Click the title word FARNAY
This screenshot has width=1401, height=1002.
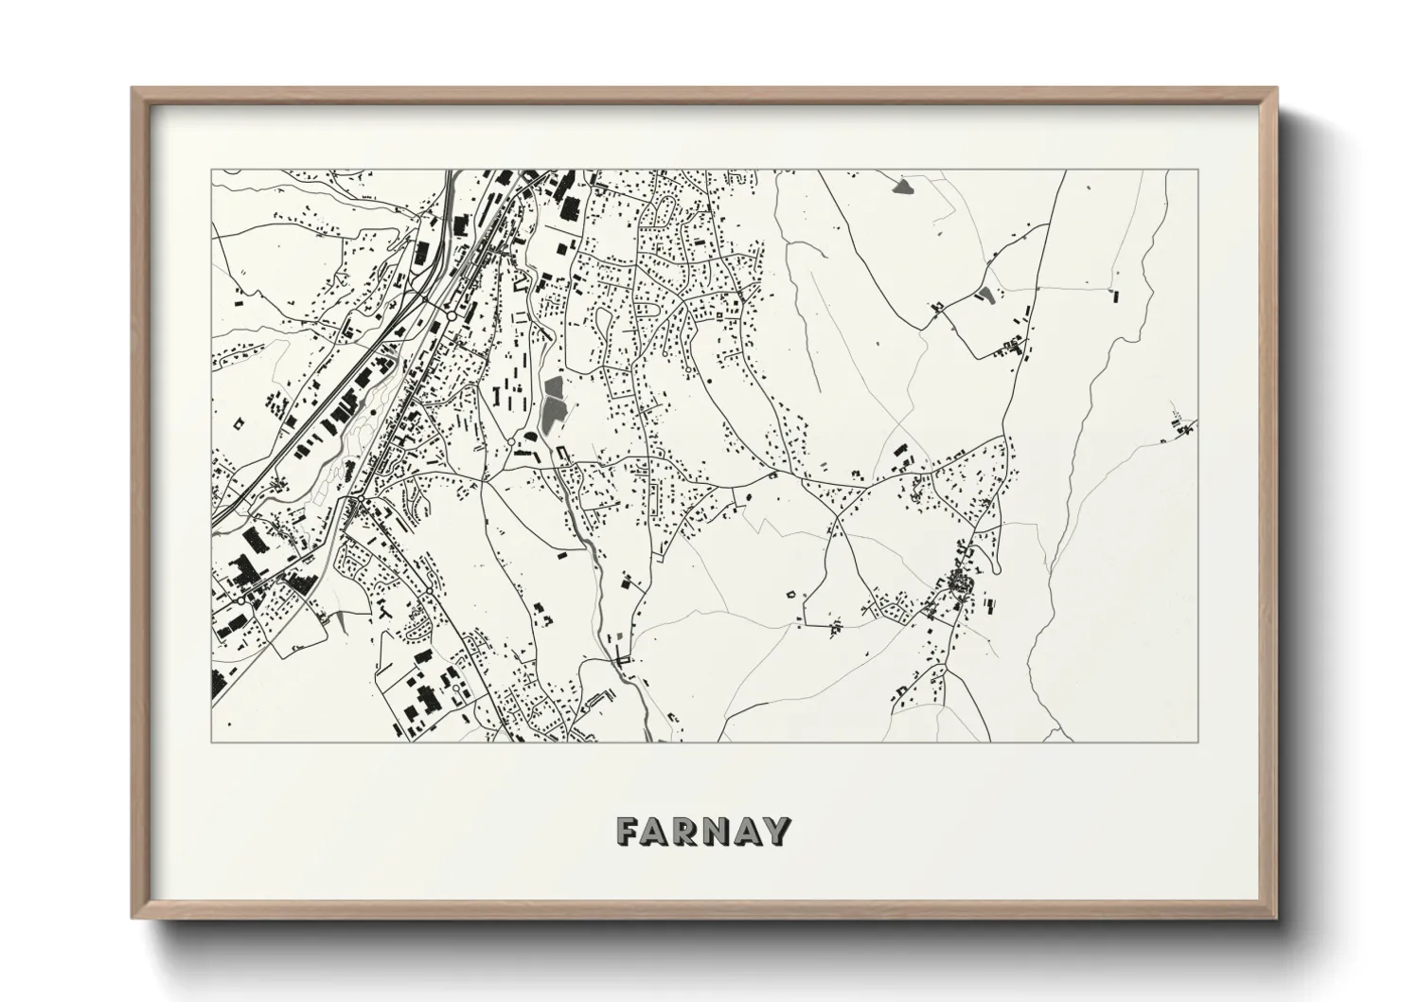pos(702,831)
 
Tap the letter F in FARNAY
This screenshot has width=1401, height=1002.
pos(628,831)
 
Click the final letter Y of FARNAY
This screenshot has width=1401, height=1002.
pos(777,831)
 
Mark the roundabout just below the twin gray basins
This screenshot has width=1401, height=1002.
pos(511,442)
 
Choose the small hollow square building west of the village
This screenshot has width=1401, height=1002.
pos(790,594)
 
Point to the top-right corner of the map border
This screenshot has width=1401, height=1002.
pos(1198,170)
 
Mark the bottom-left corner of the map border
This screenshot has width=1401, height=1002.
pos(211,742)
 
